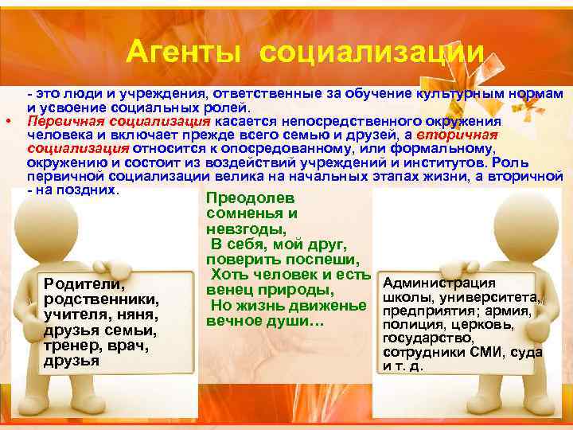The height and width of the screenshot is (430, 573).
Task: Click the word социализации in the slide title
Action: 372,53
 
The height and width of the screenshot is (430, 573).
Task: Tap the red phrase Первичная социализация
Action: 119,121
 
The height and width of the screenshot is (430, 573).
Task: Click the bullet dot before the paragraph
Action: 7,122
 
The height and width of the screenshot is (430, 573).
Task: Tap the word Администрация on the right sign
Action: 439,283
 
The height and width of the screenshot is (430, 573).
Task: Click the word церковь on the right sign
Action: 491,325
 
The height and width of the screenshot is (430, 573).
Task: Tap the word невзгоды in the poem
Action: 239,229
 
